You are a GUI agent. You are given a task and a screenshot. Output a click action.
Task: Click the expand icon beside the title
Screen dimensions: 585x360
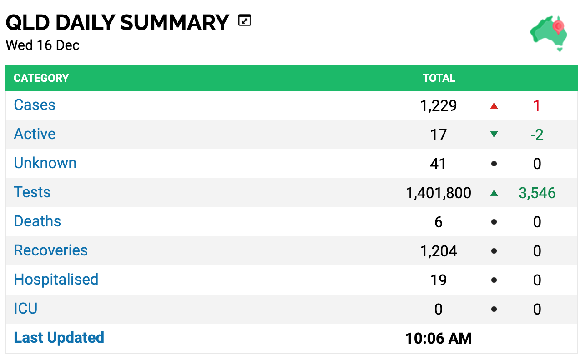point(244,20)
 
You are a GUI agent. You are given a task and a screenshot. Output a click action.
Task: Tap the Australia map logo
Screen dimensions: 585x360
point(549,33)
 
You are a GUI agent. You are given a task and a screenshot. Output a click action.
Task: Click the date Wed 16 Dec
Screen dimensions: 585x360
point(43,45)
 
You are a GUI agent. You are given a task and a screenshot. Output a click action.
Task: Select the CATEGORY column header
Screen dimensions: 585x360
point(41,78)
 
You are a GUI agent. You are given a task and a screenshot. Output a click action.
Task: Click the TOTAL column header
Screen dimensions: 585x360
point(439,78)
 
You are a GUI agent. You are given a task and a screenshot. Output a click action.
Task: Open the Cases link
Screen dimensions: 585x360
point(35,105)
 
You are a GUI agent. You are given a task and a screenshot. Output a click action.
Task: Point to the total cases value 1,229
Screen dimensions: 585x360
point(438,105)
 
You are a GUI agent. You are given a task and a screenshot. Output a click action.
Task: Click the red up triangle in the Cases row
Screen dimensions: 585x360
point(494,105)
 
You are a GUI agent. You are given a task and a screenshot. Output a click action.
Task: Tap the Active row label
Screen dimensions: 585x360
point(35,134)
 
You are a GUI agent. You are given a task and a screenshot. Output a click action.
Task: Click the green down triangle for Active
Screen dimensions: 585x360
point(494,135)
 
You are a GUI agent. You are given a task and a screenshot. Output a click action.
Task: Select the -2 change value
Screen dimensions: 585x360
point(537,135)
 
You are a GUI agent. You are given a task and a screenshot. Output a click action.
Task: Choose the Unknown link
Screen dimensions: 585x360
point(45,163)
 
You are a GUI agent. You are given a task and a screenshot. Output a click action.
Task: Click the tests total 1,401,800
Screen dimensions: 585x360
point(439,193)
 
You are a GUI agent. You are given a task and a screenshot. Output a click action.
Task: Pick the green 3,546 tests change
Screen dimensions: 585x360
point(537,193)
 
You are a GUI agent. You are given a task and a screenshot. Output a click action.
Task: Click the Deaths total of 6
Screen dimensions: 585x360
point(439,222)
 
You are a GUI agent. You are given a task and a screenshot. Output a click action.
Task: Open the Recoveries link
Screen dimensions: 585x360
point(50,250)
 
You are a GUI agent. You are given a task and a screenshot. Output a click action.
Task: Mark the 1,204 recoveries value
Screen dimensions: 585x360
point(439,251)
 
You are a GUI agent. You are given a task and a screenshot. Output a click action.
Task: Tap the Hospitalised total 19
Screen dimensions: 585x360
point(439,280)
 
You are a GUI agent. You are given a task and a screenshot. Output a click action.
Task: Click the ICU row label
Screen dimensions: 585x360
point(25,308)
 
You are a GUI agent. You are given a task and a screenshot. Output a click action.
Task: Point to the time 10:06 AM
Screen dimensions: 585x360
point(439,338)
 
